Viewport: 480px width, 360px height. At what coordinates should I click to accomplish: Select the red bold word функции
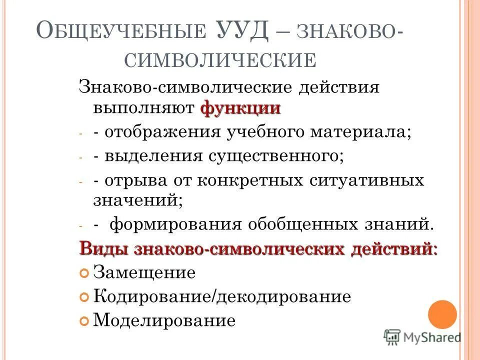click(240, 108)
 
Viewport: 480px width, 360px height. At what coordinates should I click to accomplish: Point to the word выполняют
click(144, 108)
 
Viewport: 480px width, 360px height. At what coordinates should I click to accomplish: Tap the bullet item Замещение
click(144, 273)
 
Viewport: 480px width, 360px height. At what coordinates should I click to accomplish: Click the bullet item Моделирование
click(164, 320)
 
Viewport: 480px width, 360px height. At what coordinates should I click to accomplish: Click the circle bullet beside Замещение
click(84, 273)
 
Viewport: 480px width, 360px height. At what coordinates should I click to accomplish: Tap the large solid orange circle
click(442, 314)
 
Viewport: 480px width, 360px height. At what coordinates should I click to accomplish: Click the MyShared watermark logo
click(422, 336)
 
